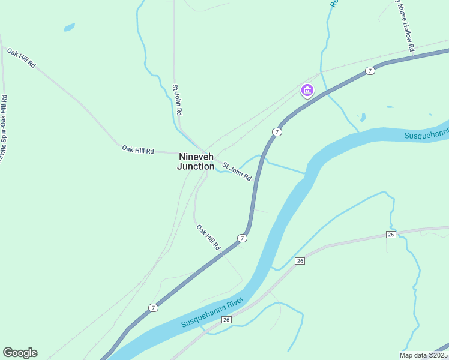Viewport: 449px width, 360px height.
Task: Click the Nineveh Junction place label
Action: [x=196, y=161]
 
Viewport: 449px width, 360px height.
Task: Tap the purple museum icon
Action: [x=307, y=91]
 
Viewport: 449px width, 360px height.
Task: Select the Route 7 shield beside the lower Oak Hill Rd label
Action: [x=242, y=238]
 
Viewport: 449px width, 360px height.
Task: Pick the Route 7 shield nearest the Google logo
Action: [x=154, y=308]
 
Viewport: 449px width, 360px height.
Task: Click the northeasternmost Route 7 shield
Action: [x=370, y=71]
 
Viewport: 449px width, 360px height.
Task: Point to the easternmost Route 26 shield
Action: [x=391, y=234]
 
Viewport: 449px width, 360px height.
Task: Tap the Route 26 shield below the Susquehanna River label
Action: [x=226, y=320]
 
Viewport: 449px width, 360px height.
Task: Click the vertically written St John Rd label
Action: [x=177, y=100]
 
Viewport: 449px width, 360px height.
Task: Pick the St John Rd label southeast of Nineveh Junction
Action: [x=237, y=171]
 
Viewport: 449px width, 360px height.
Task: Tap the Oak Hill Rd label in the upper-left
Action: [x=22, y=58]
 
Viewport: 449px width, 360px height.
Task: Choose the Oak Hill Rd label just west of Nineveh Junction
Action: [x=138, y=149]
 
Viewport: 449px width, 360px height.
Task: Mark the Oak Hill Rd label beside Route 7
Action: [x=208, y=237]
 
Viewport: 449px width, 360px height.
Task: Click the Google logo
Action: [x=20, y=353]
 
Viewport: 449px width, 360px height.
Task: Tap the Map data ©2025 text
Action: [x=423, y=355]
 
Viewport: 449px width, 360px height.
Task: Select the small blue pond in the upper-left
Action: [x=70, y=27]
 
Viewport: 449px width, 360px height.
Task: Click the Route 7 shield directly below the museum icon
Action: [x=276, y=131]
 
